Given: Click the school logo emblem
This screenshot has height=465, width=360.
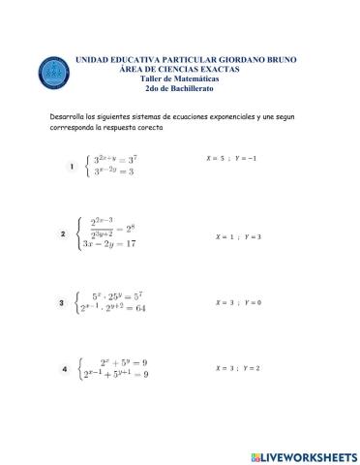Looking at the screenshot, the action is (53, 72).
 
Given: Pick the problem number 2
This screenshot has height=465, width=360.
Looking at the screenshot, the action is (63, 233).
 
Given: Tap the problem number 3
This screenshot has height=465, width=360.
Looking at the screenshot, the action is (62, 303).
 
